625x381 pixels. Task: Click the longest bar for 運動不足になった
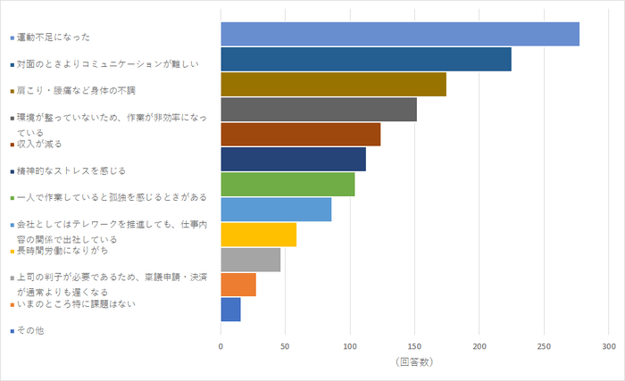click(x=400, y=34)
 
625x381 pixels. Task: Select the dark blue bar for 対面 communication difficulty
click(x=366, y=59)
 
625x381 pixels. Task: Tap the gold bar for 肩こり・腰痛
click(x=333, y=84)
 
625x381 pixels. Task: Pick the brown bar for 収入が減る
click(x=301, y=134)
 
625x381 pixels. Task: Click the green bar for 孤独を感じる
click(x=287, y=185)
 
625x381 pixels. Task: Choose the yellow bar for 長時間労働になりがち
click(x=258, y=235)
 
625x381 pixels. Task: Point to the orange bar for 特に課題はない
click(x=238, y=285)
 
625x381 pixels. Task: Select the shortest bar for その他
click(x=230, y=310)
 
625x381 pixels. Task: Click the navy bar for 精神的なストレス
click(x=293, y=159)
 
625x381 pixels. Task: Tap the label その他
click(x=30, y=331)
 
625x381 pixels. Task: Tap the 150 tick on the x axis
click(x=414, y=345)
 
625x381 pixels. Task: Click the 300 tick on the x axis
click(x=608, y=345)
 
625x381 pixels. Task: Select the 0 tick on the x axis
click(x=221, y=345)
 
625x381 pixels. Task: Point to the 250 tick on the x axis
click(x=544, y=345)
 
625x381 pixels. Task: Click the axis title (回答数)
click(x=413, y=362)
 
